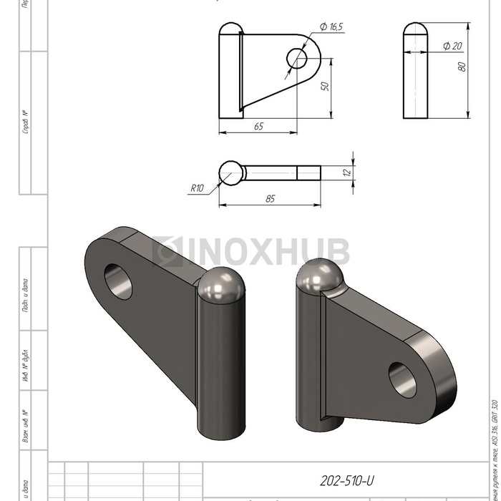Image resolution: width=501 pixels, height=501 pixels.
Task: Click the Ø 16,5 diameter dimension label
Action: point(331,26)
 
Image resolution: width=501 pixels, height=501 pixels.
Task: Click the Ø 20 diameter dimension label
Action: point(452,46)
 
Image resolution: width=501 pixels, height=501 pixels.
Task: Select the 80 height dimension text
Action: point(462,66)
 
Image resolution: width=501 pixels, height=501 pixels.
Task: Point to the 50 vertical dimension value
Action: point(324,85)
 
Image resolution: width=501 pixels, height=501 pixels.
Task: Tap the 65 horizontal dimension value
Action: point(258,126)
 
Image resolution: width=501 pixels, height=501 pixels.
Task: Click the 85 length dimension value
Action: point(270,199)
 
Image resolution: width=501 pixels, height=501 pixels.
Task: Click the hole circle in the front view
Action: point(296,57)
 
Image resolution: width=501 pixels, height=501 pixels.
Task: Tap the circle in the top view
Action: point(230,172)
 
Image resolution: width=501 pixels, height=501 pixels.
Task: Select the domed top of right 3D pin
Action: point(319,277)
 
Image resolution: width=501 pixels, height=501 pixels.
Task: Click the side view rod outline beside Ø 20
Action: point(416,72)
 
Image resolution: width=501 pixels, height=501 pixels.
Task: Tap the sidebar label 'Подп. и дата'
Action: point(25,295)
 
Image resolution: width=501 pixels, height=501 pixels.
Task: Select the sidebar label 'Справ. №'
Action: point(25,122)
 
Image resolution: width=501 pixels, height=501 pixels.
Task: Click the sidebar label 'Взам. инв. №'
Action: point(25,427)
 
